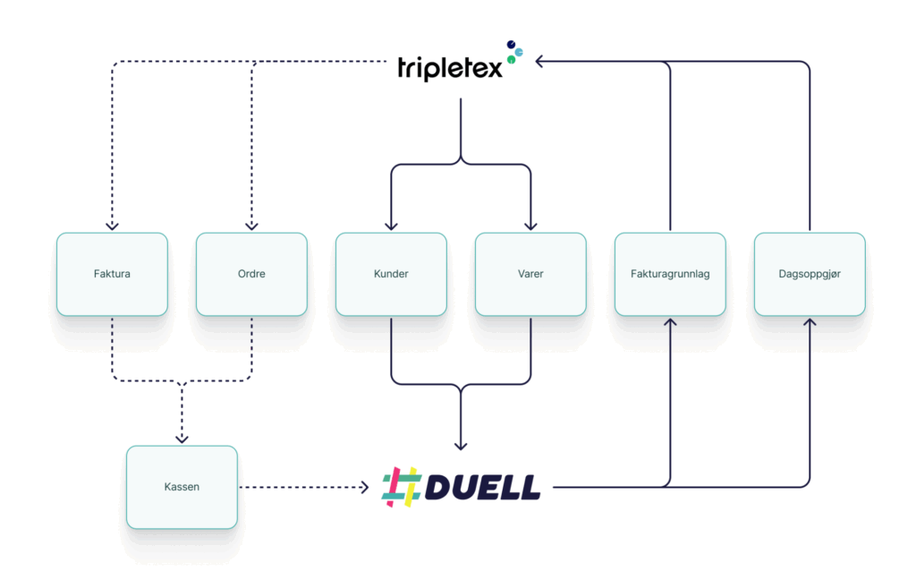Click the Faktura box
[x=112, y=274]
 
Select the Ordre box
[x=251, y=274]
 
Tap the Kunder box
[x=392, y=274]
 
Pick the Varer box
[x=530, y=274]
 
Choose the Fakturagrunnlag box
[x=670, y=274]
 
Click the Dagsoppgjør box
[x=810, y=274]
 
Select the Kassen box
[x=182, y=488]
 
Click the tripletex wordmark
[x=450, y=68]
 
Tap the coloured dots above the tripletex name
[x=514, y=51]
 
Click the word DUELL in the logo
[x=482, y=488]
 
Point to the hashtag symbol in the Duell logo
[x=402, y=487]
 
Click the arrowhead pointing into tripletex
[x=540, y=62]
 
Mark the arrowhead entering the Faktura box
[x=112, y=226]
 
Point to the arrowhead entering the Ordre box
[x=251, y=226]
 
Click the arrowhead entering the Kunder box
[x=392, y=226]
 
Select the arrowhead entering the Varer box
[x=530, y=226]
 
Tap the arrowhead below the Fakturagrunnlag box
[x=670, y=322]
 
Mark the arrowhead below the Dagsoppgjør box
[x=810, y=322]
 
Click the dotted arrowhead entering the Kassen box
[x=182, y=439]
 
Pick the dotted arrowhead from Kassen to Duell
[x=365, y=487]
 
